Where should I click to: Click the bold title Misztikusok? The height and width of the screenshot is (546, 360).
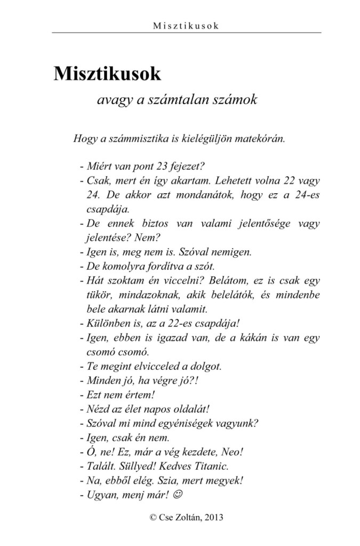tap(107, 74)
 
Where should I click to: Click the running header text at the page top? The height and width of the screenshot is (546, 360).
tap(186, 25)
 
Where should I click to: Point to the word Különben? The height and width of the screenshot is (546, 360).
tap(105, 322)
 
